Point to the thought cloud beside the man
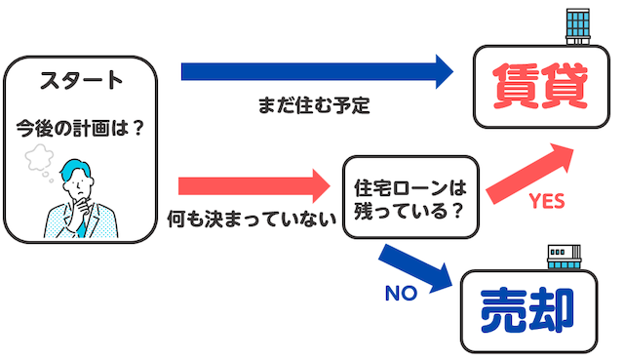(42, 156)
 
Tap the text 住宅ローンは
(409, 183)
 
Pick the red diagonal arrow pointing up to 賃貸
(532, 172)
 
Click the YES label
(547, 202)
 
